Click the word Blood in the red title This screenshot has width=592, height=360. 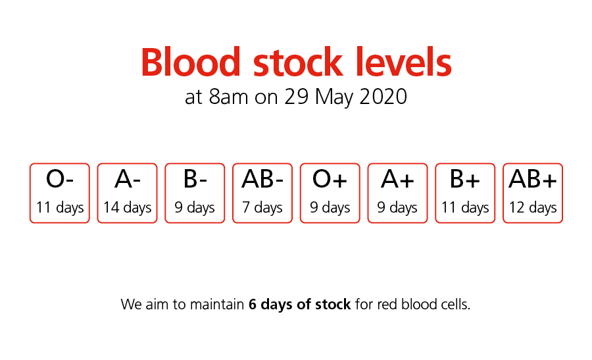(191, 62)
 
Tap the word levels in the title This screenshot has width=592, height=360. (403, 62)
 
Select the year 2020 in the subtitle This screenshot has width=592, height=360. (383, 96)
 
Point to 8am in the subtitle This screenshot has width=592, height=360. (228, 96)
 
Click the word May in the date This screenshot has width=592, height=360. (335, 97)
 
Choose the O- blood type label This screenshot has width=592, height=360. (60, 178)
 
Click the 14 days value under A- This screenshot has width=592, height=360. (127, 207)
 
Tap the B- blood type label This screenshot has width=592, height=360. (195, 178)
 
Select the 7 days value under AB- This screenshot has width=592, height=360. (262, 207)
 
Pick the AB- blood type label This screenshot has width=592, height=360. (262, 178)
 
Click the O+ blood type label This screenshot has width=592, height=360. (330, 178)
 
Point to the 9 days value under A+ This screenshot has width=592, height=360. (397, 207)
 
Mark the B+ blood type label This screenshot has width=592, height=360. (465, 178)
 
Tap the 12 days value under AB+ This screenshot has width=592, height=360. (533, 207)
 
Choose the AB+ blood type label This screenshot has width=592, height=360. (533, 178)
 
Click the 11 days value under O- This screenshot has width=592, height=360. (60, 207)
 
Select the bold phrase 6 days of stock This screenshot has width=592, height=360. (300, 305)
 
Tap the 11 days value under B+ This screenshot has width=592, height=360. (465, 207)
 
